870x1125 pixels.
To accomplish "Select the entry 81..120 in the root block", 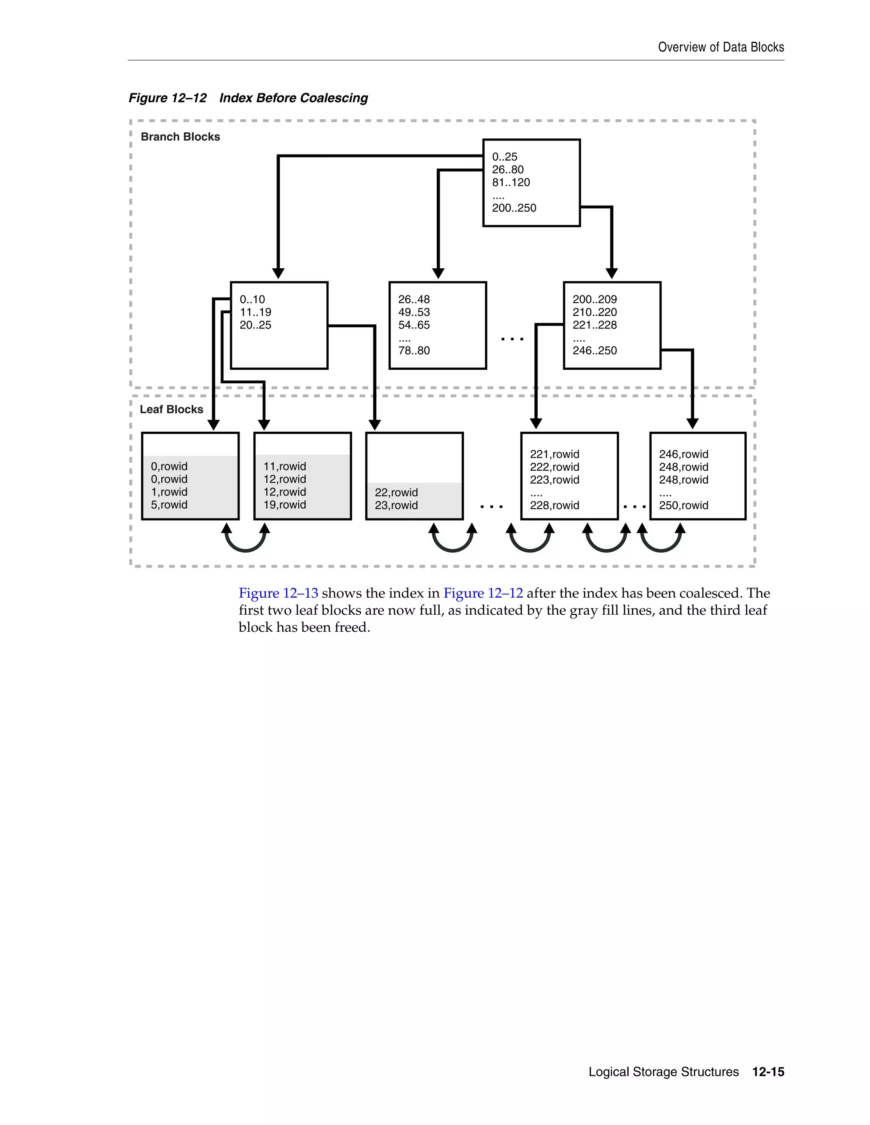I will coord(511,183).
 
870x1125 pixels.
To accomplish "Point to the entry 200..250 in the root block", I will coord(514,208).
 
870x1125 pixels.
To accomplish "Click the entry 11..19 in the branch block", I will coord(255,312).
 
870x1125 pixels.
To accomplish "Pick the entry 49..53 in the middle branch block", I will coord(413,312).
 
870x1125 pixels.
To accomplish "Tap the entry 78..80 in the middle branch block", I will coord(413,350).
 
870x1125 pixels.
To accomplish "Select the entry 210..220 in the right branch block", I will coord(594,312).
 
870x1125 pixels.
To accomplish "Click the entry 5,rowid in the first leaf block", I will coord(169,505).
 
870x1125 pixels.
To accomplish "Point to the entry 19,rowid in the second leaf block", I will coord(285,505).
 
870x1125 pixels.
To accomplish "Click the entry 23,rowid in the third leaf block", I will coord(396,505).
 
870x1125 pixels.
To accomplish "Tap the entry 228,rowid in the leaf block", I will coord(554,505).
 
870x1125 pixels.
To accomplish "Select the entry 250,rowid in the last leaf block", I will coord(684,505).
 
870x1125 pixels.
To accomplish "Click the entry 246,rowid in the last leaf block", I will coord(684,454).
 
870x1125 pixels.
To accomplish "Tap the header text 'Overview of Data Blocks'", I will coord(720,48).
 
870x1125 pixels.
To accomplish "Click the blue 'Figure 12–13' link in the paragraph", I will coord(278,593).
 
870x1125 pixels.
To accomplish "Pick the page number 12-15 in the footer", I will coord(768,1072).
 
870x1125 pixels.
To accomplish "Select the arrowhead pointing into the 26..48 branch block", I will coord(438,273).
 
